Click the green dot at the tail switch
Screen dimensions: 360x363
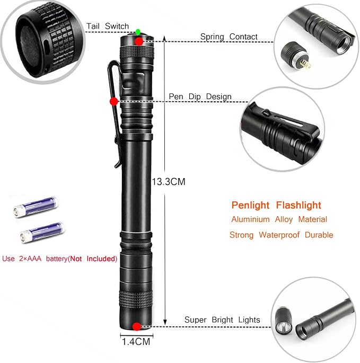[138, 31]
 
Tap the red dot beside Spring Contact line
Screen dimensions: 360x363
[139, 41]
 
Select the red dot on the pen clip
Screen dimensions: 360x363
[114, 101]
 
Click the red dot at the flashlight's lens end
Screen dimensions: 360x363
[137, 326]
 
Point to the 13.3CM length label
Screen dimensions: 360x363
[169, 182]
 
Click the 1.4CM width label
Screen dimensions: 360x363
[136, 342]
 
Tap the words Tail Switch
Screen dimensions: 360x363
[108, 26]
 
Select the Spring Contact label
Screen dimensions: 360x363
[229, 37]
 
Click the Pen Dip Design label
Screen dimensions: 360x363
[200, 96]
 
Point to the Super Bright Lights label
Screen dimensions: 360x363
[222, 320]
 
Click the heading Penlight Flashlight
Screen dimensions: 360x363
[276, 205]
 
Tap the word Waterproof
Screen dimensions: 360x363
[279, 235]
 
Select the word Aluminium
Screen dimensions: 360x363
[250, 219]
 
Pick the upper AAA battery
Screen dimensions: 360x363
[36, 207]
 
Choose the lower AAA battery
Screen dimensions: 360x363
[42, 233]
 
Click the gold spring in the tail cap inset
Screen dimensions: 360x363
[305, 64]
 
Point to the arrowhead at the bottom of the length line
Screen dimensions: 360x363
[165, 322]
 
